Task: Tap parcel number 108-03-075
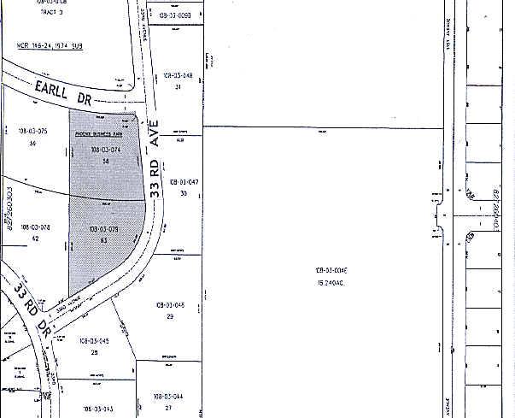32,130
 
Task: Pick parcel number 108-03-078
33,227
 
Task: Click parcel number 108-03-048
178,76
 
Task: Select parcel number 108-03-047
184,182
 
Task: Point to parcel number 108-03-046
171,304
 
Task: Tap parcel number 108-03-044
168,397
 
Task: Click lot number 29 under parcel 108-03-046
170,316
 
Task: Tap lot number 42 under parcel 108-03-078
33,239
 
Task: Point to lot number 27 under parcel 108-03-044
168,408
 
